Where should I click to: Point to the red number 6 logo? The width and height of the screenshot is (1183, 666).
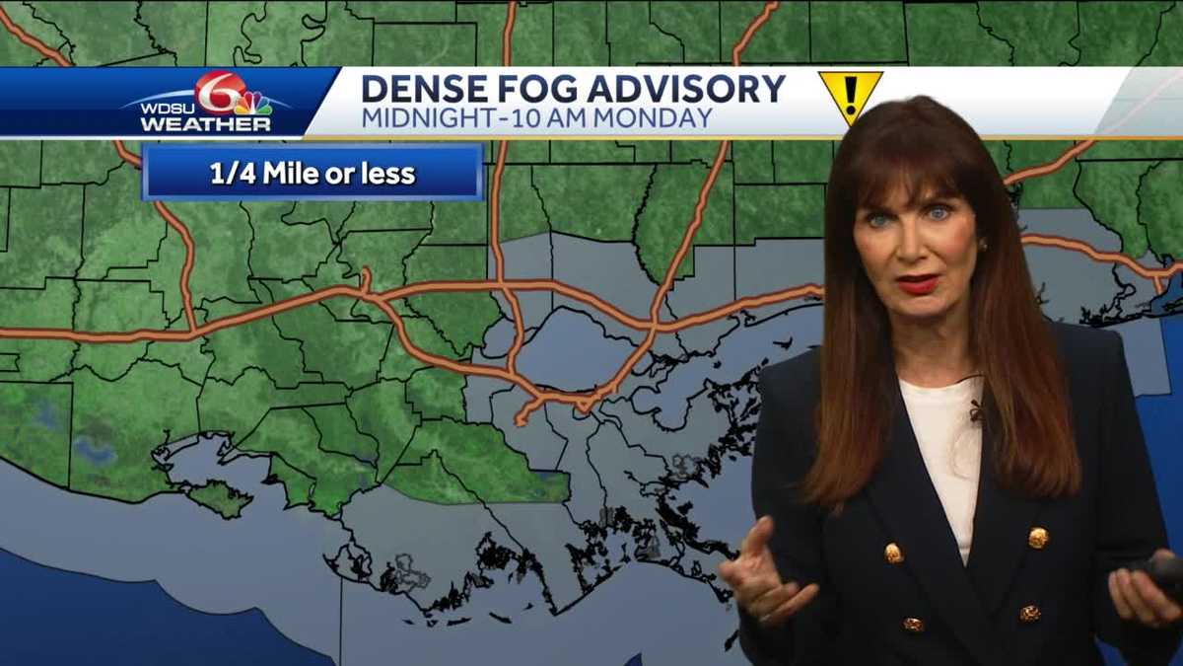tap(219, 92)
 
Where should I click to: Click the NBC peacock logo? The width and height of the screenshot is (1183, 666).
tap(254, 103)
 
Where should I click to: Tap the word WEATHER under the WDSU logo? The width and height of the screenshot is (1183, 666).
tap(205, 125)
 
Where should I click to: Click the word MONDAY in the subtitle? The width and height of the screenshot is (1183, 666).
tap(666, 118)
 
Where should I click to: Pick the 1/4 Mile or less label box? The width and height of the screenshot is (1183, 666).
tap(313, 174)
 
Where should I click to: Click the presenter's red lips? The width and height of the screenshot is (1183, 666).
tap(917, 284)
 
